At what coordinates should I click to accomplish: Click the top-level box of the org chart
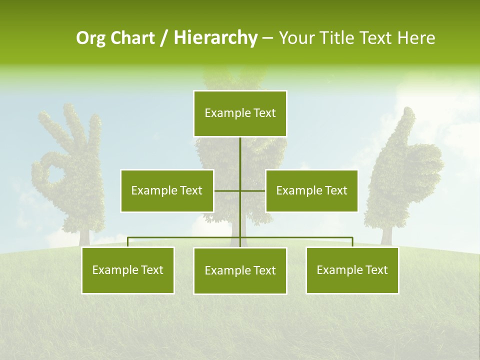[x=240, y=113]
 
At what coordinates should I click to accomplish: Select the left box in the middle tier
[x=167, y=190]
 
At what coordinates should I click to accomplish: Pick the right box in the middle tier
[x=311, y=190]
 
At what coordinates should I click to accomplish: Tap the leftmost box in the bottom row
[x=128, y=270]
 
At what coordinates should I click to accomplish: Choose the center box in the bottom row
[x=240, y=270]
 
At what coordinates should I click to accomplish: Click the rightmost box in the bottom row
[x=352, y=270]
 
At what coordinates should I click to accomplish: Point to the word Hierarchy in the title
[x=215, y=38]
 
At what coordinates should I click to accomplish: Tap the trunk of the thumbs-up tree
[x=385, y=235]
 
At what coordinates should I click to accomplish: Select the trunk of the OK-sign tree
[x=83, y=236]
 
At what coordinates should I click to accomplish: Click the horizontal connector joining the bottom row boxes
[x=185, y=237]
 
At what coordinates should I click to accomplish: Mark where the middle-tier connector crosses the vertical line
[x=240, y=190]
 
